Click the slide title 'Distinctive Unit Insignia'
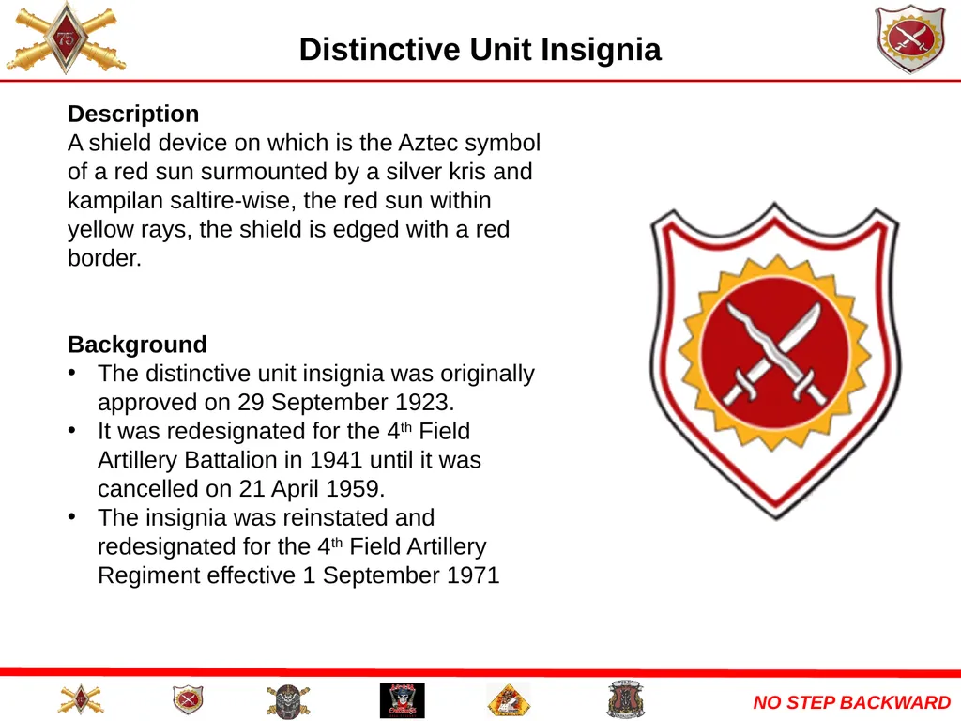point(480,49)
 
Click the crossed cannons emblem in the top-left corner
point(65,39)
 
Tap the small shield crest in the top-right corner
point(909,39)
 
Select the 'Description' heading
point(133,115)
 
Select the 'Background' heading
point(137,345)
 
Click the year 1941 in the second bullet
point(335,460)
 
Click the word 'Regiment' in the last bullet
point(144,575)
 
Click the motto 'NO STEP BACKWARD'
point(851,702)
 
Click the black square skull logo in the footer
point(402,700)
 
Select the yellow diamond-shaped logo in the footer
point(509,700)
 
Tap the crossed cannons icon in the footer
point(80,700)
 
